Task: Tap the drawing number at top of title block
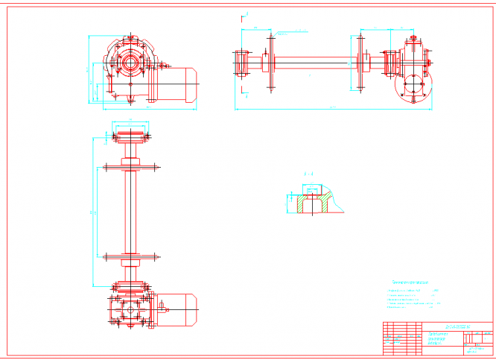457,326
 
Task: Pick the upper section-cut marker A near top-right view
247,13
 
